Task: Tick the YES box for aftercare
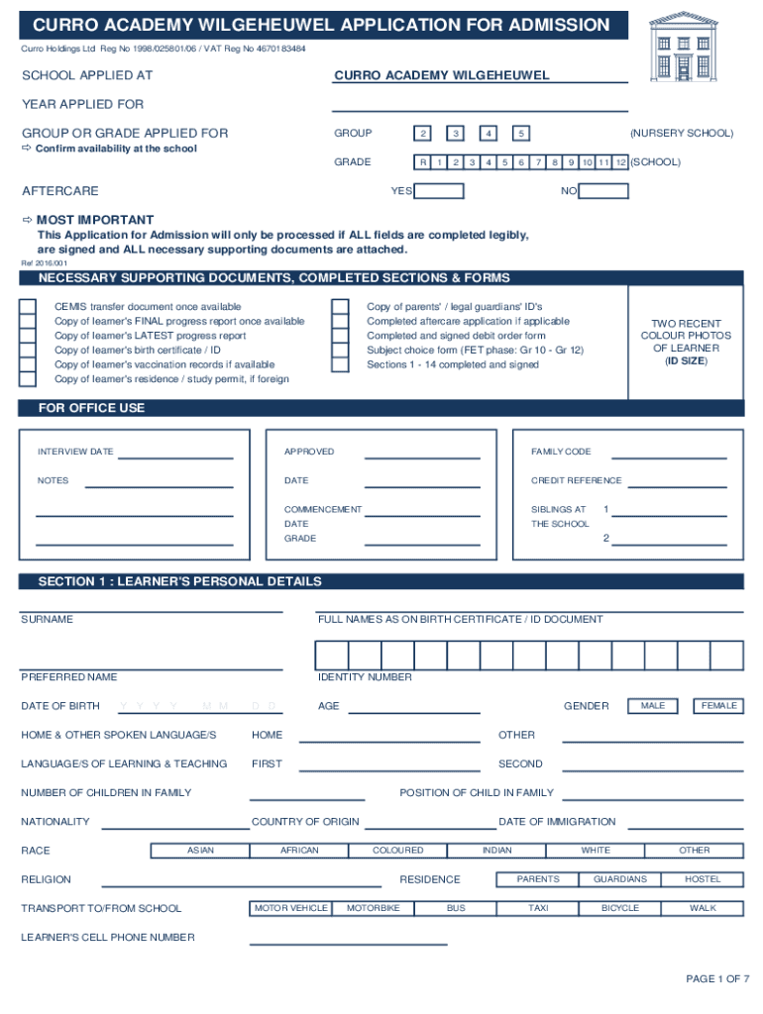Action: (x=438, y=191)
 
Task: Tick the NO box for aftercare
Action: (x=603, y=191)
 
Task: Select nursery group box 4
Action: (x=489, y=134)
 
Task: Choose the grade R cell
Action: (x=423, y=162)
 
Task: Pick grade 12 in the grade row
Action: (x=620, y=162)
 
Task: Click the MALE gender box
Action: (x=653, y=706)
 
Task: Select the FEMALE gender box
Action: (x=718, y=706)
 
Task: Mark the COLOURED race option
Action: (x=398, y=851)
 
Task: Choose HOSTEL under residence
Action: (x=703, y=879)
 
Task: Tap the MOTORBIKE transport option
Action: (x=373, y=908)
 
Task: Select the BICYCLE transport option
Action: (x=620, y=908)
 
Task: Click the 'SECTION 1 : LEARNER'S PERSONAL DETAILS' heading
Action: (x=179, y=581)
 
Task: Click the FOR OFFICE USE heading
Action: (x=91, y=408)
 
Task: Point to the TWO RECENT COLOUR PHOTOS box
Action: (x=686, y=343)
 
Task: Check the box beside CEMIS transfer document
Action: (x=28, y=308)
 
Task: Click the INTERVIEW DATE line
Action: (x=175, y=456)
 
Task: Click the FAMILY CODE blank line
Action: (x=669, y=456)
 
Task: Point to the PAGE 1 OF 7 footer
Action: (x=717, y=979)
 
